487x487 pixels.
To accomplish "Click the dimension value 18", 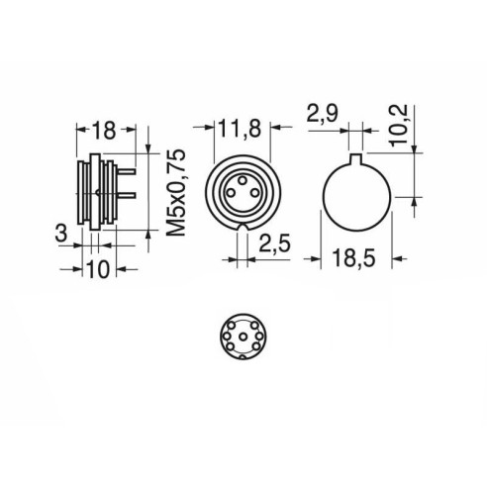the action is [x=104, y=131].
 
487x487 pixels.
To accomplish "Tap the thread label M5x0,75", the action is [x=176, y=193].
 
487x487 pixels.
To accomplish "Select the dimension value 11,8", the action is [x=240, y=129].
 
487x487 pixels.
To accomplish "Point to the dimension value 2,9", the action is [x=322, y=114].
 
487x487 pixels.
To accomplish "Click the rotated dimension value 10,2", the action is [x=398, y=125].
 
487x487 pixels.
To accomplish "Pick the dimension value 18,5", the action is [x=353, y=257].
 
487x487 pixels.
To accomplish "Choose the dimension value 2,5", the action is [x=274, y=243].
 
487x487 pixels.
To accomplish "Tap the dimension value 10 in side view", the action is [x=98, y=269].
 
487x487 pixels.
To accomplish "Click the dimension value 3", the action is [x=61, y=234].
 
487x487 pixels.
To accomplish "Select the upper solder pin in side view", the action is [x=127, y=171].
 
